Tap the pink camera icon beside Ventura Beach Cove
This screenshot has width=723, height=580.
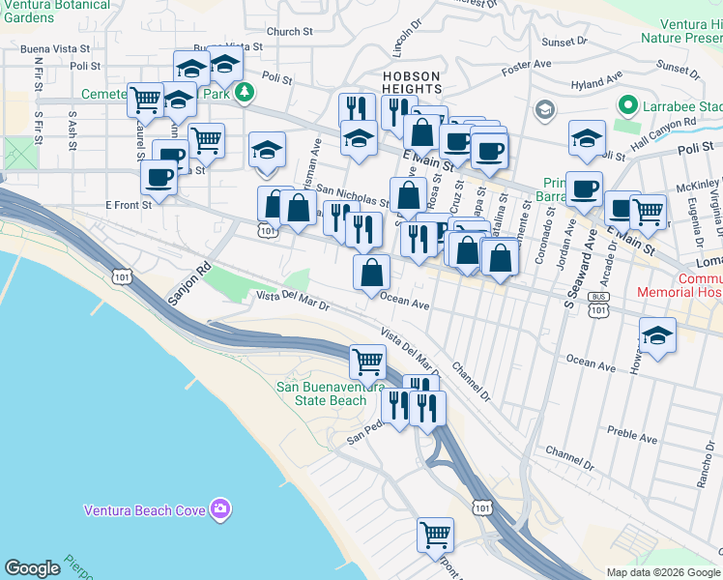pyautogui.click(x=221, y=508)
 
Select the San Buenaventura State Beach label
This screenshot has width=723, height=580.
pyautogui.click(x=322, y=393)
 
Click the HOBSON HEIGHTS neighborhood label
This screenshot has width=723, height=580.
pyautogui.click(x=412, y=82)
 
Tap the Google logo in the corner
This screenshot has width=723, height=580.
pyautogui.click(x=32, y=568)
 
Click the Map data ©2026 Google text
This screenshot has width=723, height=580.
pyautogui.click(x=662, y=572)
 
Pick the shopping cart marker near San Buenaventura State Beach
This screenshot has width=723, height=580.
pyautogui.click(x=367, y=362)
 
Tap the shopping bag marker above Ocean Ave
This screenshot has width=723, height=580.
pyautogui.click(x=371, y=273)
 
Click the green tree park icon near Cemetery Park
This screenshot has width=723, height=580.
pyautogui.click(x=246, y=93)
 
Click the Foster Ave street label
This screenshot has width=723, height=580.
pyautogui.click(x=524, y=67)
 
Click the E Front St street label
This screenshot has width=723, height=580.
pyautogui.click(x=128, y=205)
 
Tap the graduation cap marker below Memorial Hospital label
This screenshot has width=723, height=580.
pyautogui.click(x=657, y=337)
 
